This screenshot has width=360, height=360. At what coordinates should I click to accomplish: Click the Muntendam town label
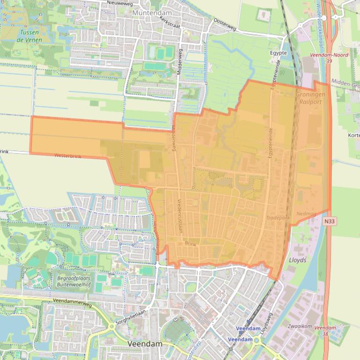pyautogui.click(x=152, y=13)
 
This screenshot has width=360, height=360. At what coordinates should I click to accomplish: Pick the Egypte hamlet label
pyautogui.click(x=278, y=53)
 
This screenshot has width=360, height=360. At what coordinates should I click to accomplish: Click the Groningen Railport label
pyautogui.click(x=309, y=98)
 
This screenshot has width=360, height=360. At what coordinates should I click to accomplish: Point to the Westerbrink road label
pyautogui.click(x=68, y=156)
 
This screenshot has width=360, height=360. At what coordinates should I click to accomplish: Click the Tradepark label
pyautogui.click(x=278, y=218)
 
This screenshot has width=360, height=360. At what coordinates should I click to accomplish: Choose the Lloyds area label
pyautogui.click(x=298, y=260)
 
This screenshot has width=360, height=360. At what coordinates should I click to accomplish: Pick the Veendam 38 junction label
pyautogui.click(x=325, y=331)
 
